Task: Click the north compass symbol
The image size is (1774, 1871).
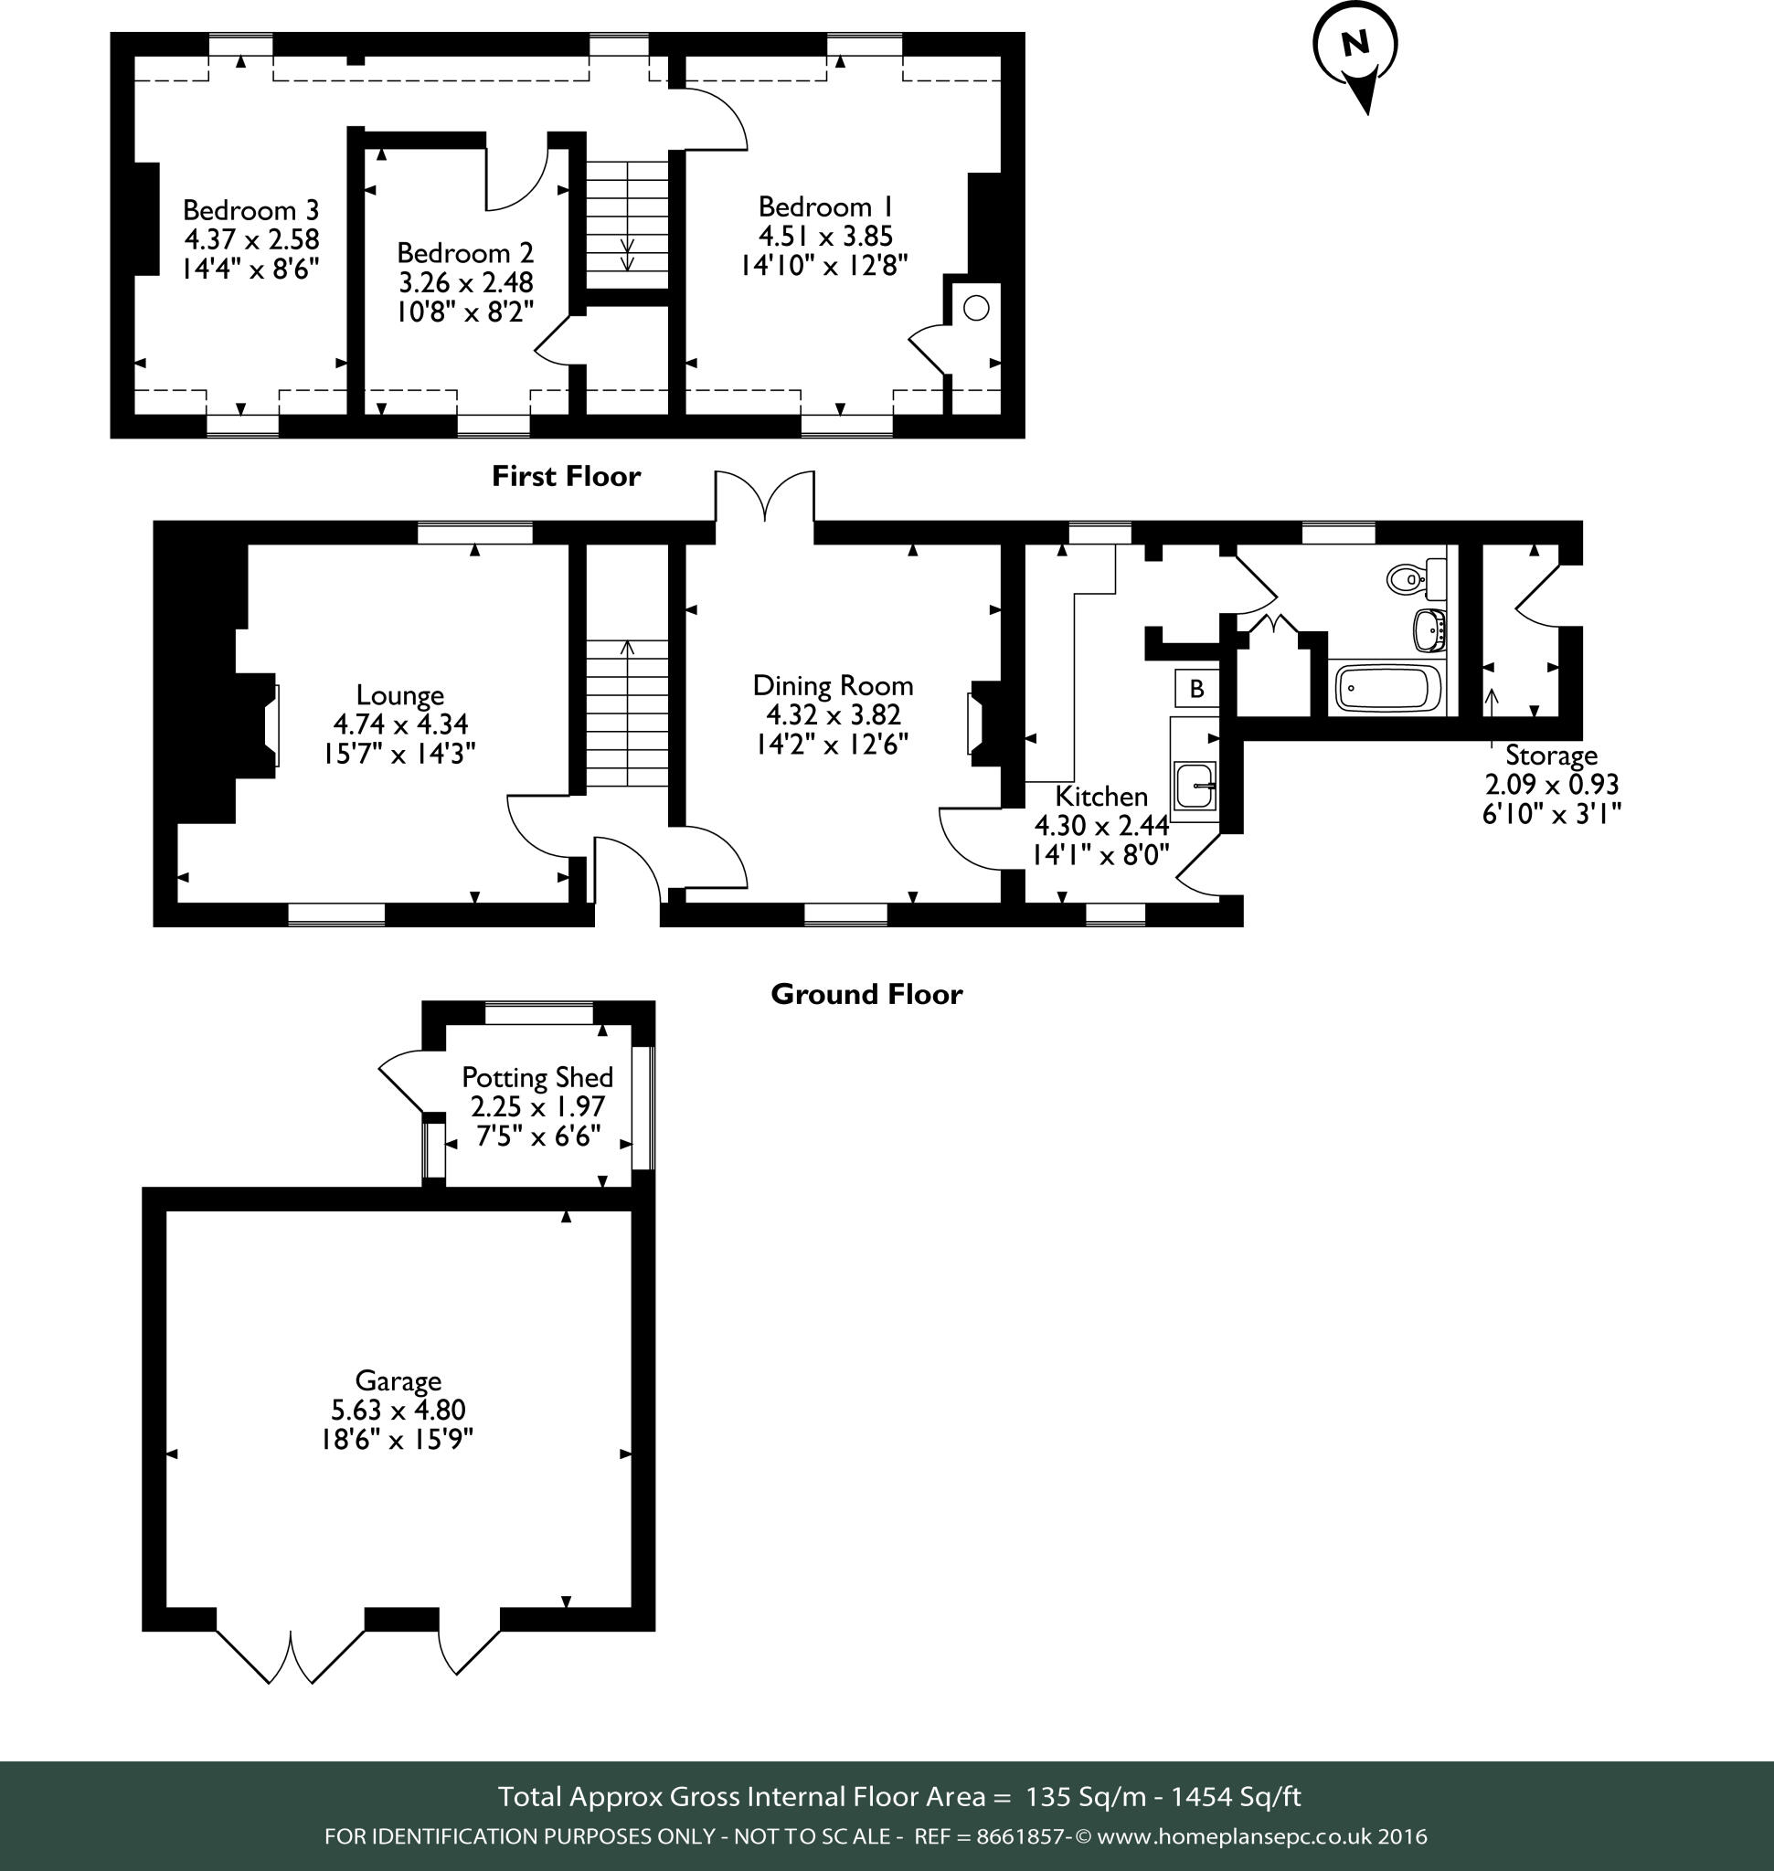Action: click(x=1355, y=48)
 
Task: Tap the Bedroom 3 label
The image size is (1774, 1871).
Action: click(x=250, y=210)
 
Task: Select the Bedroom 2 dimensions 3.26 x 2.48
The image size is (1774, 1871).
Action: click(x=465, y=282)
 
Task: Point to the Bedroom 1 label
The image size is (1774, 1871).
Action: click(x=825, y=207)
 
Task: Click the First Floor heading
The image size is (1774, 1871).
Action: click(x=566, y=477)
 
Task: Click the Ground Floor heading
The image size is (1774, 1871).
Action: click(x=866, y=995)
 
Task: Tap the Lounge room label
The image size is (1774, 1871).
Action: click(x=400, y=696)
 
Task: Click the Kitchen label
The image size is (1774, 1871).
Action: click(x=1100, y=796)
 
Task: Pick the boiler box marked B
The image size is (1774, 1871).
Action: click(x=1196, y=689)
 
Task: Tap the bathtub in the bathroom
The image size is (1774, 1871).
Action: click(x=1387, y=688)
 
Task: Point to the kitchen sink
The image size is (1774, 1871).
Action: click(x=1195, y=785)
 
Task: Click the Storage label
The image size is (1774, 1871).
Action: click(x=1551, y=756)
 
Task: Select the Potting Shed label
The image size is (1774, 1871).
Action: click(x=537, y=1078)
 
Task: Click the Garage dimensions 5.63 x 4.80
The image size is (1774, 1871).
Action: click(x=398, y=1411)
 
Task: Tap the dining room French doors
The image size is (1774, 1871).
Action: click(x=764, y=496)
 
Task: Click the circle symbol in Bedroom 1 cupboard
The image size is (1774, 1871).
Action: click(x=976, y=308)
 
